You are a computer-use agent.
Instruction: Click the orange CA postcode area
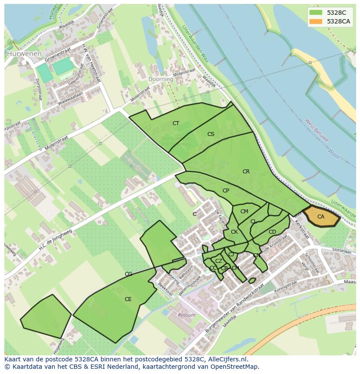[321, 217]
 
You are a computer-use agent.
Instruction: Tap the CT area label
[176, 123]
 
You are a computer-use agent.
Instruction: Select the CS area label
[211, 134]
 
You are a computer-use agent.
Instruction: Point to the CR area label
[246, 172]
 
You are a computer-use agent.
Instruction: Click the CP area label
[226, 191]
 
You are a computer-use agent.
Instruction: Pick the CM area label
[244, 212]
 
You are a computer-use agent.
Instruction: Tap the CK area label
[234, 232]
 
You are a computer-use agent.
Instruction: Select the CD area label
[272, 232]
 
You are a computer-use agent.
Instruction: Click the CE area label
[128, 299]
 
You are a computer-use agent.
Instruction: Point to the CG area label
[128, 274]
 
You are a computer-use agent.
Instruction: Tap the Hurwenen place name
[24, 54]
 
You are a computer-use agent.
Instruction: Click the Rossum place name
[187, 315]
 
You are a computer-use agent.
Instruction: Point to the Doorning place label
[161, 79]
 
